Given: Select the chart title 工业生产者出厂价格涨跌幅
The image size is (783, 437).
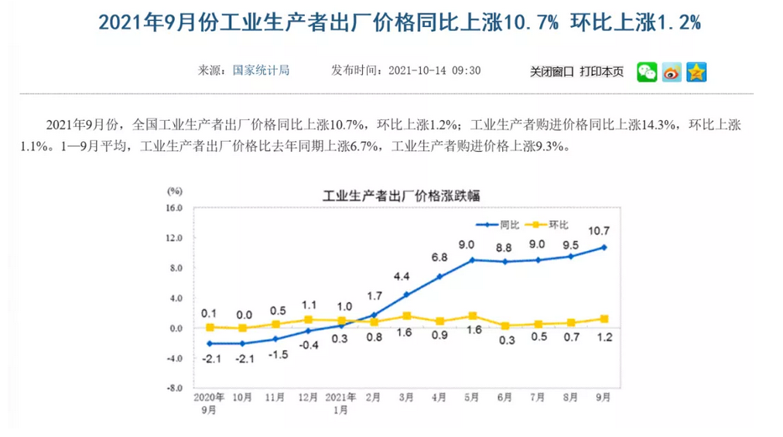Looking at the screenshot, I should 401,195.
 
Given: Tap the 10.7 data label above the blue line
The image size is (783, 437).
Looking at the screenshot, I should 599,230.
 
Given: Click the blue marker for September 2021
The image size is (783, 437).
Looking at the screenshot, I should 603,247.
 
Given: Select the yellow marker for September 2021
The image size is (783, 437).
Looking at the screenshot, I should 603,318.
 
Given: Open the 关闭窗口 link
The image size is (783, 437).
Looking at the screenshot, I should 552,71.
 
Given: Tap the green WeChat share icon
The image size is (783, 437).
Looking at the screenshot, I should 647,72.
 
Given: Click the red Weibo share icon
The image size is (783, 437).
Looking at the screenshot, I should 672,72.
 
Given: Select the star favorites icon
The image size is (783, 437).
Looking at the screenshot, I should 696,72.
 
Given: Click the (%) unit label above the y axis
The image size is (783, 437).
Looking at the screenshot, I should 175,191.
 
